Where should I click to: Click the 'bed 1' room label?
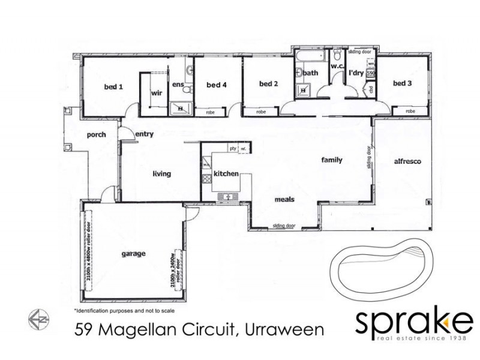coord(113,86)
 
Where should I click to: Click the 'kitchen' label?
coord(227,173)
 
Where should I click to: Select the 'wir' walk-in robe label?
coord(157,93)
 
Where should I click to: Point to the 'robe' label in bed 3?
coord(410,112)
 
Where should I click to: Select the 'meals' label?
coord(284,200)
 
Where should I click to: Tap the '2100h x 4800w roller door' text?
coord(89,254)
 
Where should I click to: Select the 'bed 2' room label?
coord(268,83)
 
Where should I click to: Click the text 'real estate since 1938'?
coord(413,341)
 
